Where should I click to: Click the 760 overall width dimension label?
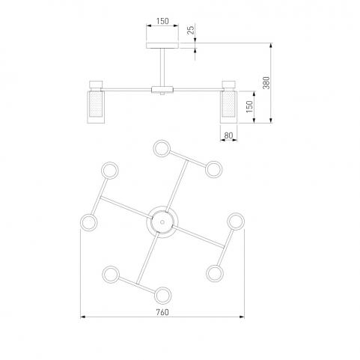[x=162, y=312]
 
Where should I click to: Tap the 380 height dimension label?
[x=266, y=83]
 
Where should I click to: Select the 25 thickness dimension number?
[x=191, y=30]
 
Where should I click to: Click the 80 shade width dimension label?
[x=228, y=135]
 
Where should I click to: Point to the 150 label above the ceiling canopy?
[x=162, y=21]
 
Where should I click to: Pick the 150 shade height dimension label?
[x=249, y=106]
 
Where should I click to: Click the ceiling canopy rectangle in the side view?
[x=162, y=46]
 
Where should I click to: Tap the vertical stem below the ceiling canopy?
[x=162, y=67]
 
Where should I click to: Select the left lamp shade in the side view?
[x=96, y=107]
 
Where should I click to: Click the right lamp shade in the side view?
[x=228, y=107]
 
